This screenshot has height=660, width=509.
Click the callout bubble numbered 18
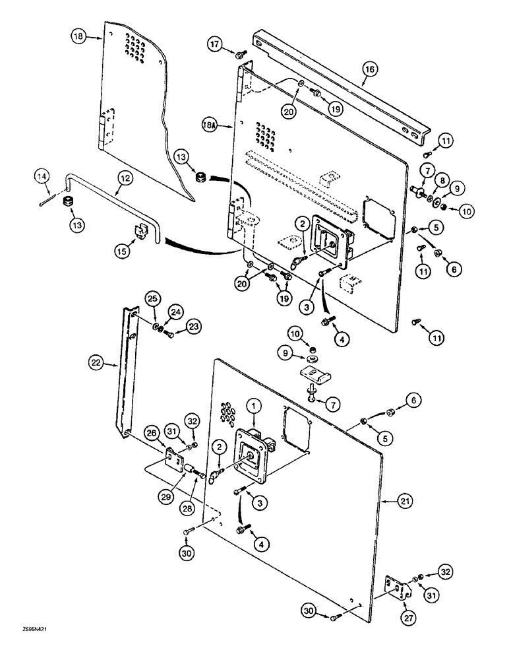click(78, 38)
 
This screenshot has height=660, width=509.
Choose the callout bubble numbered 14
click(42, 176)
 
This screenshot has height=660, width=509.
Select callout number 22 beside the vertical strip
click(97, 362)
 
